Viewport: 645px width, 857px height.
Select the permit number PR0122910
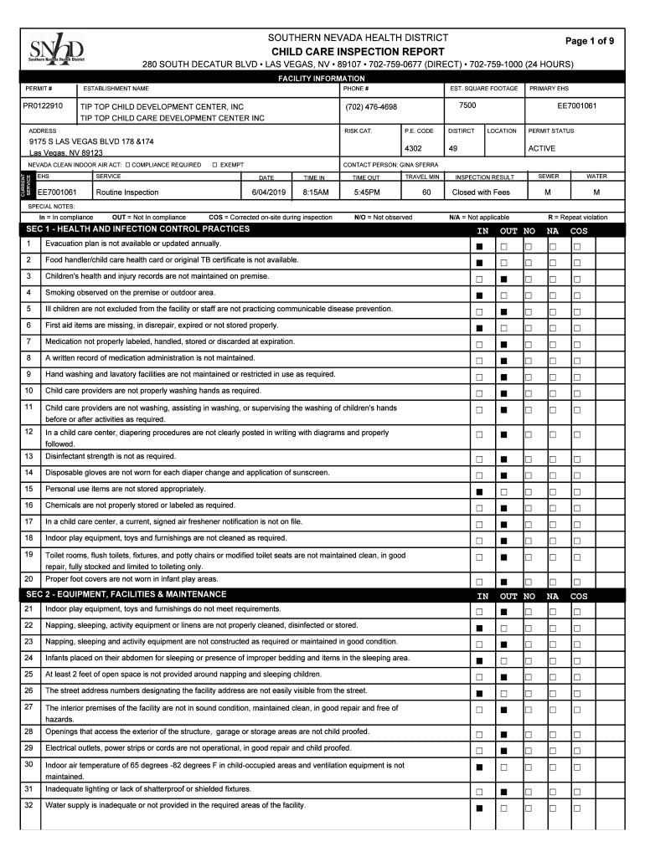43,107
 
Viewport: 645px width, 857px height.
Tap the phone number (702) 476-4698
370,107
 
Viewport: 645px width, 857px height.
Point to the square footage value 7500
467,106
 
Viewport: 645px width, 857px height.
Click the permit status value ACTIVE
542,149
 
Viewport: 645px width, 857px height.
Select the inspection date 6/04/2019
269,192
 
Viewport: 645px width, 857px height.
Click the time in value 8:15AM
315,192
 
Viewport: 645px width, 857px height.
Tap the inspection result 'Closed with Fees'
481,192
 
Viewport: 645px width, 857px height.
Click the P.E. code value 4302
413,149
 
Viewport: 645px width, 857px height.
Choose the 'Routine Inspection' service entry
126,192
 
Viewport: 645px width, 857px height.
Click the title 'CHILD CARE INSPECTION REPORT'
357,52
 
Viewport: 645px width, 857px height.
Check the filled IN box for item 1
480,247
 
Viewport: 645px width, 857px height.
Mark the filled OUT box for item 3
504,280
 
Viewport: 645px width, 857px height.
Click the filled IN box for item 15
480,492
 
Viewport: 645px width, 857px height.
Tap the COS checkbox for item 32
577,808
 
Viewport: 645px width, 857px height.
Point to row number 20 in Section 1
28,579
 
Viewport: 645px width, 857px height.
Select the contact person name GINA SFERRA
418,165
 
